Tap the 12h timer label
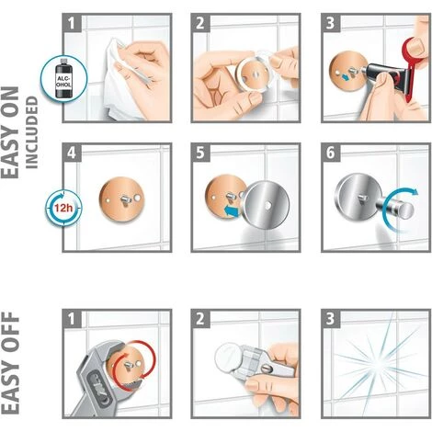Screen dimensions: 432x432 63,209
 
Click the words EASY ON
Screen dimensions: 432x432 10,132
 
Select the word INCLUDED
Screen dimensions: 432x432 31,132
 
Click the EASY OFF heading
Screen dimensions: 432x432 10,363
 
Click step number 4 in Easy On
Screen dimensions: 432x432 72,153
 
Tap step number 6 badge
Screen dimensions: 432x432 331,153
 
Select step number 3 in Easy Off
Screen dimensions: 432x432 330,319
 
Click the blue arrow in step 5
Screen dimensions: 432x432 233,211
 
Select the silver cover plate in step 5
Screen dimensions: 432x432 267,206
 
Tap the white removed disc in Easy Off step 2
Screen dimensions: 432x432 229,358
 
